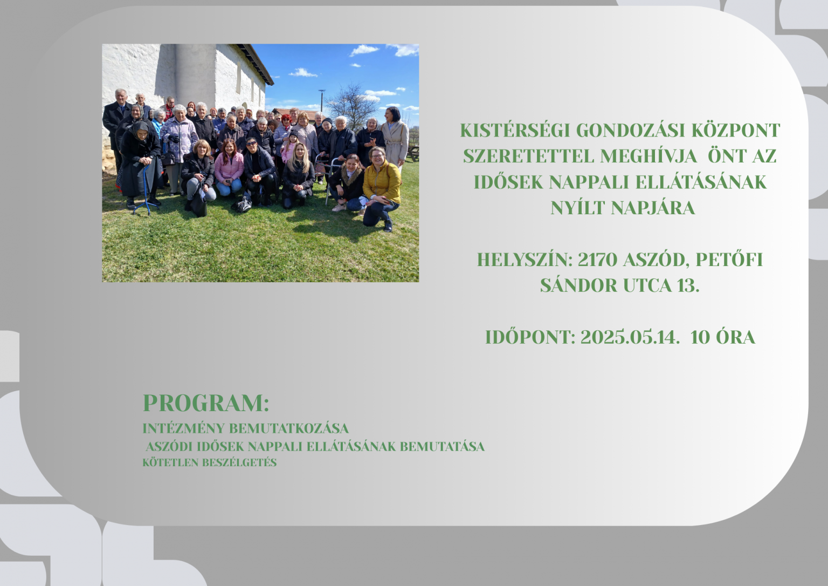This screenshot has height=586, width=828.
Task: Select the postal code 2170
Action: point(598,260)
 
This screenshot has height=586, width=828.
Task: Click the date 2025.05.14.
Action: point(630,337)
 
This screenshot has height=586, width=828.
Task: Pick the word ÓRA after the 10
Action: point(735,337)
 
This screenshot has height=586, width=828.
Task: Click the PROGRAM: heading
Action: point(206,403)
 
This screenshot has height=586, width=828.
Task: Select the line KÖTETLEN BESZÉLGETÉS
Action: point(210,462)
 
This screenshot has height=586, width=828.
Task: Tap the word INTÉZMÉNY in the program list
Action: point(183,428)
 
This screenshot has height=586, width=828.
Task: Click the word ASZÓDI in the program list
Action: point(169,447)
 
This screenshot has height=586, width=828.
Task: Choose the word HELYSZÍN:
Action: point(525,260)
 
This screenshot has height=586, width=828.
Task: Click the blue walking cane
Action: point(146,189)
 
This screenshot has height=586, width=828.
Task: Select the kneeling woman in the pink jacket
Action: point(229,168)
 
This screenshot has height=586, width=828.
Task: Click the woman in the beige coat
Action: point(395,139)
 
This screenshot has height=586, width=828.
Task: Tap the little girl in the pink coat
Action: point(289,148)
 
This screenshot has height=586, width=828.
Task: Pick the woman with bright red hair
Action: point(285,130)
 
